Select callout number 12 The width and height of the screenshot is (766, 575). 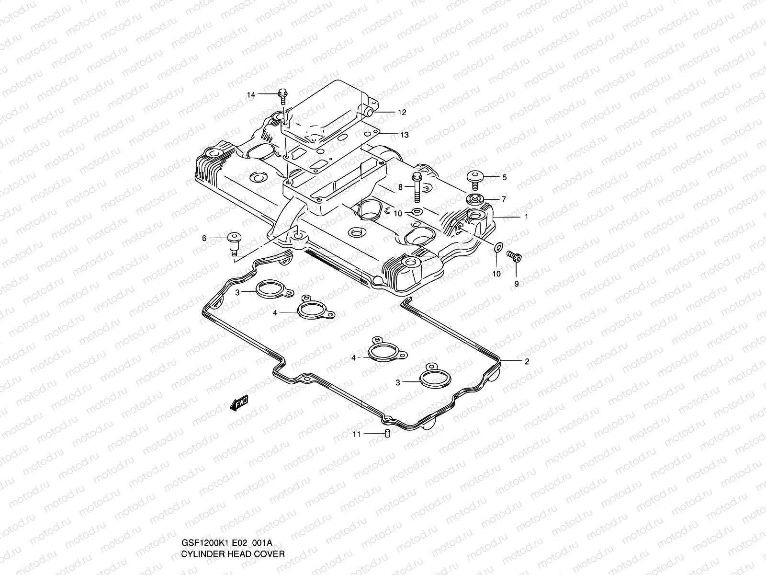[402, 113]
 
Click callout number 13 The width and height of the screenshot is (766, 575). [404, 135]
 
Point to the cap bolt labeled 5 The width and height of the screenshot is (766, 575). [475, 178]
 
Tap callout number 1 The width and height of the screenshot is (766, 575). [526, 217]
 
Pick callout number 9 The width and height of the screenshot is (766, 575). [516, 284]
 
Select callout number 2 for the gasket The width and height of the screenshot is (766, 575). [527, 362]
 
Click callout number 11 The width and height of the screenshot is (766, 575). [356, 434]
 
